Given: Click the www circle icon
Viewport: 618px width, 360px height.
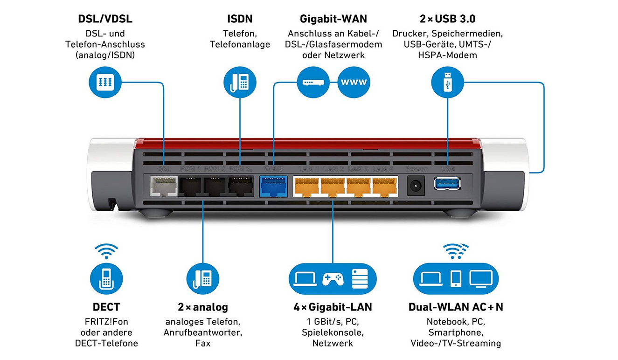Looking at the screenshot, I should click(354, 83).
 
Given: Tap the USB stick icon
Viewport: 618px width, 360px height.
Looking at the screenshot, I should click(447, 83).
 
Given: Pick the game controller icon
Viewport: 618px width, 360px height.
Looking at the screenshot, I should click(333, 279).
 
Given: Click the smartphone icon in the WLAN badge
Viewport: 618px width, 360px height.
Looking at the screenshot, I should click(456, 279).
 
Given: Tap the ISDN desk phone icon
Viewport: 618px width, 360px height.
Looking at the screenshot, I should click(240, 83).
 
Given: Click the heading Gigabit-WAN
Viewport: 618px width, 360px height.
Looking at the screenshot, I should click(333, 19).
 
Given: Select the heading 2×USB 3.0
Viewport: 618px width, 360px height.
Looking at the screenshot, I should click(447, 19).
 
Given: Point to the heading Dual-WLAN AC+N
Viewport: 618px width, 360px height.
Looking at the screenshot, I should click(456, 307).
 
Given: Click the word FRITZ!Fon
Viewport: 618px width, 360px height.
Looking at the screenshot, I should click(106, 322).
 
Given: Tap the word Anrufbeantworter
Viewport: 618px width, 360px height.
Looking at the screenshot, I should click(203, 332).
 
